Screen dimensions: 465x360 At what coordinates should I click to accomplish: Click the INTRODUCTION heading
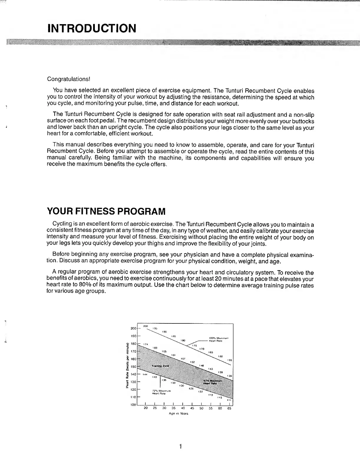[92, 29]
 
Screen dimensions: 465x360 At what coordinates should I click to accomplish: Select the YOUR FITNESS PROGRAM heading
[106, 211]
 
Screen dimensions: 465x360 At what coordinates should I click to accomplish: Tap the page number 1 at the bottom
[180, 447]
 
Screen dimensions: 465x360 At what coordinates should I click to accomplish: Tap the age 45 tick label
[192, 408]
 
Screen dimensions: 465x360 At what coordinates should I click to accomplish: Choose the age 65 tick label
[229, 408]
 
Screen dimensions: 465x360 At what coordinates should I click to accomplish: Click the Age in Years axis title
[179, 413]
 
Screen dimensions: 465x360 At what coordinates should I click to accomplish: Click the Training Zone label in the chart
[160, 366]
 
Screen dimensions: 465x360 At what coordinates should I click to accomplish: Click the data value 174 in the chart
[146, 344]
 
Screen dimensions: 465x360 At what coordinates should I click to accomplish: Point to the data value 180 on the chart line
[183, 340]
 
